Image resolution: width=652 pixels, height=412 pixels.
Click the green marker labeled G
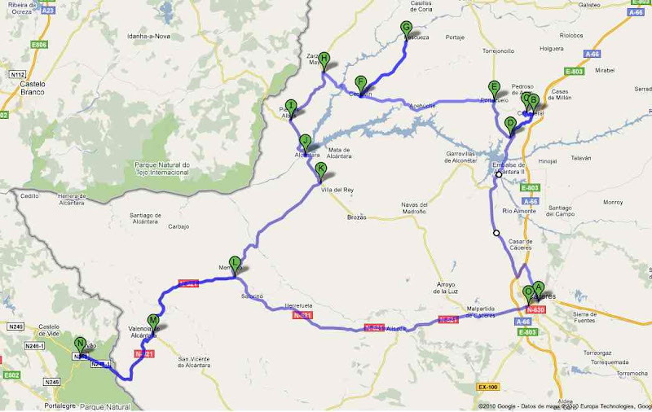405,28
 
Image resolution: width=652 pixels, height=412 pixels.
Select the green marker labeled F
360,82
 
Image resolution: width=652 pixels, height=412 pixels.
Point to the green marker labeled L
235,262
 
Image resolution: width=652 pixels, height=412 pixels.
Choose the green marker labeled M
152,321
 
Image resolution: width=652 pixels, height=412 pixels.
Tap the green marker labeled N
80,344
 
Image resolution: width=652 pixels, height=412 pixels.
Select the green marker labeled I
290,105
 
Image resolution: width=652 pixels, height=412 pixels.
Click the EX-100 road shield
487,387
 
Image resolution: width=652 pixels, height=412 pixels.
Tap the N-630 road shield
535,309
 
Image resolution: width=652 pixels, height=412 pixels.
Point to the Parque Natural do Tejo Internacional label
161,169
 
